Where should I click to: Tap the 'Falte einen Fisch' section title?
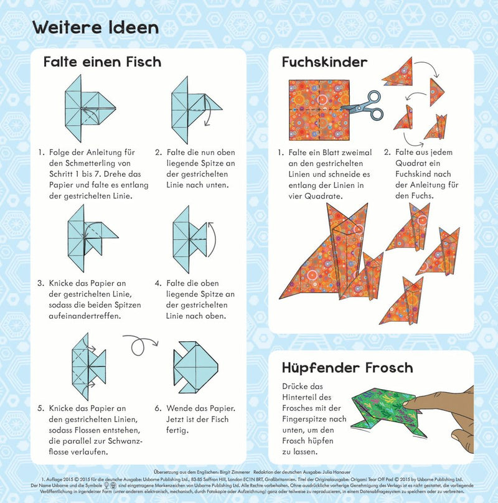[x=102, y=62]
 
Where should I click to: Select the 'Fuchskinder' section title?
[x=324, y=62]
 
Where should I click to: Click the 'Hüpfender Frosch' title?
[x=347, y=367]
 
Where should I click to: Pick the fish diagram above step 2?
[x=193, y=108]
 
